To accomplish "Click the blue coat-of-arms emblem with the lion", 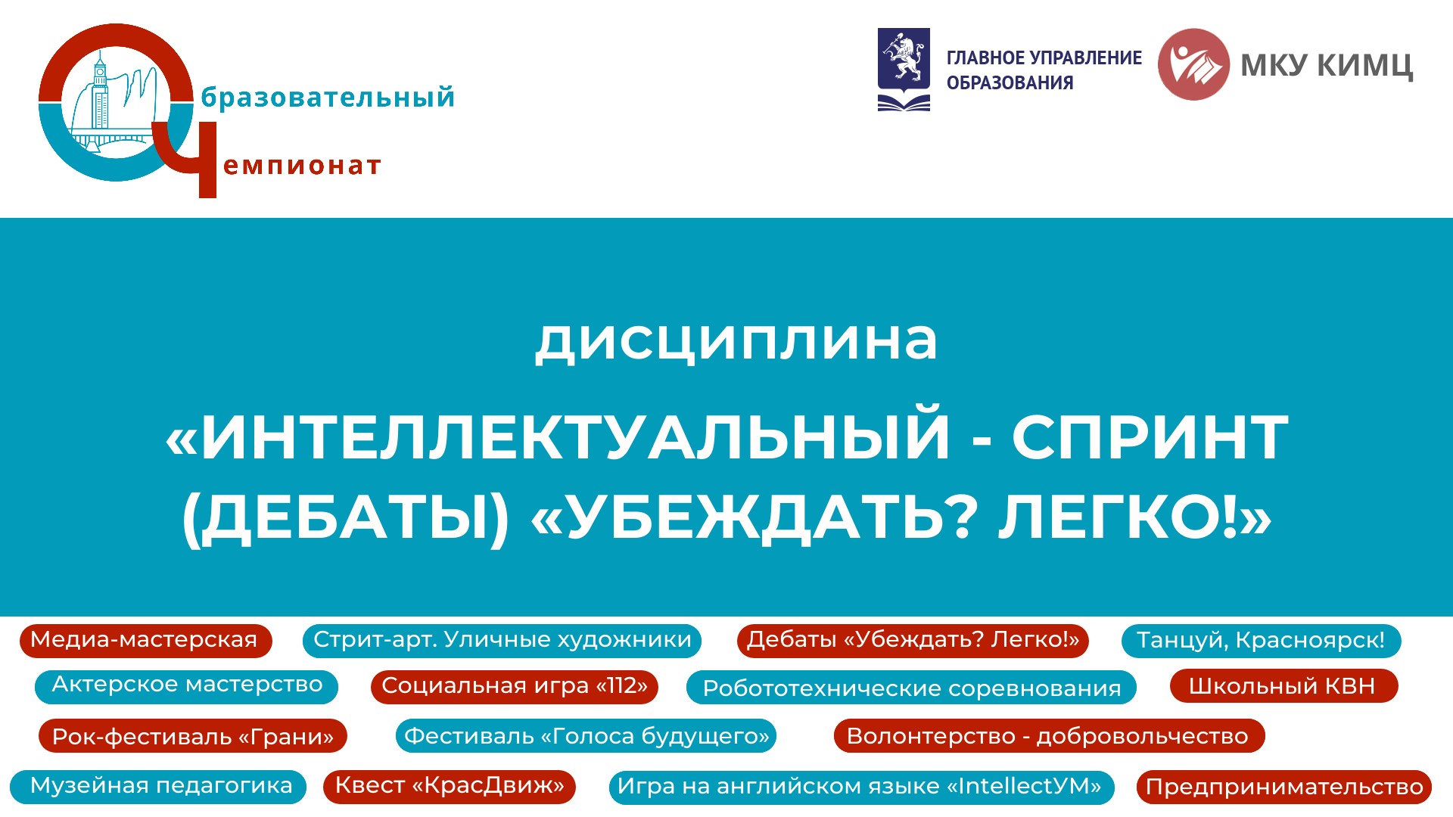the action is pos(904,70).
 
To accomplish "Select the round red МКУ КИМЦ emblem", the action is pos(1193,64).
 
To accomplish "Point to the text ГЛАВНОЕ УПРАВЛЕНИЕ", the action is pos(1044,58).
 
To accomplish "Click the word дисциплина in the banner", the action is pos(736,340).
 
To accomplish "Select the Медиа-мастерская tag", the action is pos(145,641).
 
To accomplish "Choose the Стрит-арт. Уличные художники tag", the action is pos(502,641).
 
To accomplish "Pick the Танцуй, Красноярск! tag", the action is pos(1261,641).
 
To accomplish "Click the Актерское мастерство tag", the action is pos(186,686).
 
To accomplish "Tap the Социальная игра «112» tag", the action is pos(515,686).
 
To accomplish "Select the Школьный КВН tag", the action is pos(1283,686).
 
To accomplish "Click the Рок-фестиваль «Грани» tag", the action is pos(193,736).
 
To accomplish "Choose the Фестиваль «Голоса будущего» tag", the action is pos(586,736).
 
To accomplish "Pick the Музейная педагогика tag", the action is pos(158,787).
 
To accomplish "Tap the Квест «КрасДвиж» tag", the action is pos(450,787).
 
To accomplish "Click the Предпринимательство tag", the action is pos(1284,787).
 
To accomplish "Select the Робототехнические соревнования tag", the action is pos(911,688).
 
